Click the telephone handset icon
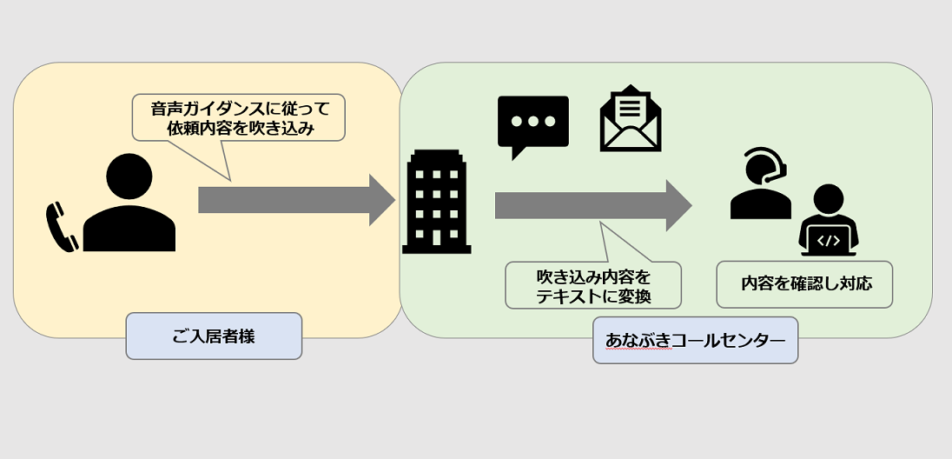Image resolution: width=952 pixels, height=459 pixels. (x=62, y=227)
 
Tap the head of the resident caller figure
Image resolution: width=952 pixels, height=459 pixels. (x=129, y=177)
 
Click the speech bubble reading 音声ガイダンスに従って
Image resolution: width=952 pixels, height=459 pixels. (x=238, y=117)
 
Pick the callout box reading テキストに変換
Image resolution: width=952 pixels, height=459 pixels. (x=593, y=286)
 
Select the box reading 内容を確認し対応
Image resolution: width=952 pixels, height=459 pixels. (x=804, y=284)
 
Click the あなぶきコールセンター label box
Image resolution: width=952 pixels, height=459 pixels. (x=695, y=340)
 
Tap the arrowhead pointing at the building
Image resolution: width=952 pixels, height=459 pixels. (x=381, y=200)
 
